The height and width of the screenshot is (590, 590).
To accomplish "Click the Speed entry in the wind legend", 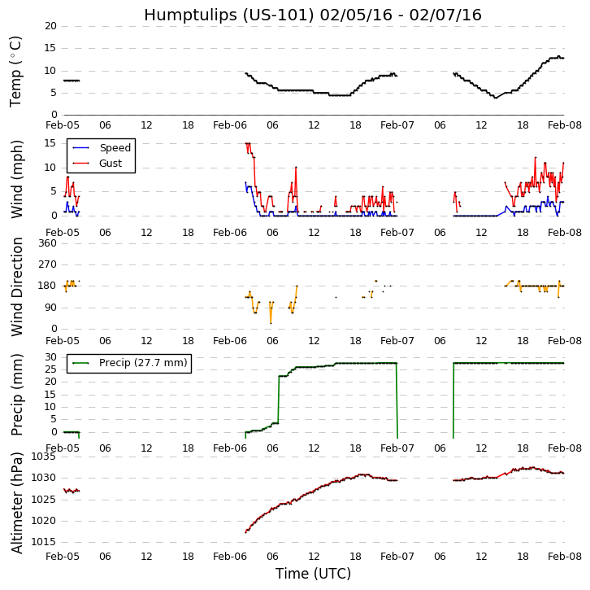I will [115, 148].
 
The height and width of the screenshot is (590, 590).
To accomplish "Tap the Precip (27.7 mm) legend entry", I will [142, 363].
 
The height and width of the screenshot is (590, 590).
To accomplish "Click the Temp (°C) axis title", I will [16, 71].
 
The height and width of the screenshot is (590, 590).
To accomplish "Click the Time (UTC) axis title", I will [313, 574].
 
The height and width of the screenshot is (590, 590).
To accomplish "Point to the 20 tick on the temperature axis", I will [50, 26].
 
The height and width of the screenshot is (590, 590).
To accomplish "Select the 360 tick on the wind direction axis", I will [46, 243].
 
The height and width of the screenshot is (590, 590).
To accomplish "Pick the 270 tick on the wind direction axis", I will [46, 264].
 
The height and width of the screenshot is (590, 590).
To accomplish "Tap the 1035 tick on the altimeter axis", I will [43, 457].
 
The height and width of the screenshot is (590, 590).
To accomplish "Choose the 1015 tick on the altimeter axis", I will [43, 542].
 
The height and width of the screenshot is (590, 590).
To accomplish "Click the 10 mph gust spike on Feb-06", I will [296, 168].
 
